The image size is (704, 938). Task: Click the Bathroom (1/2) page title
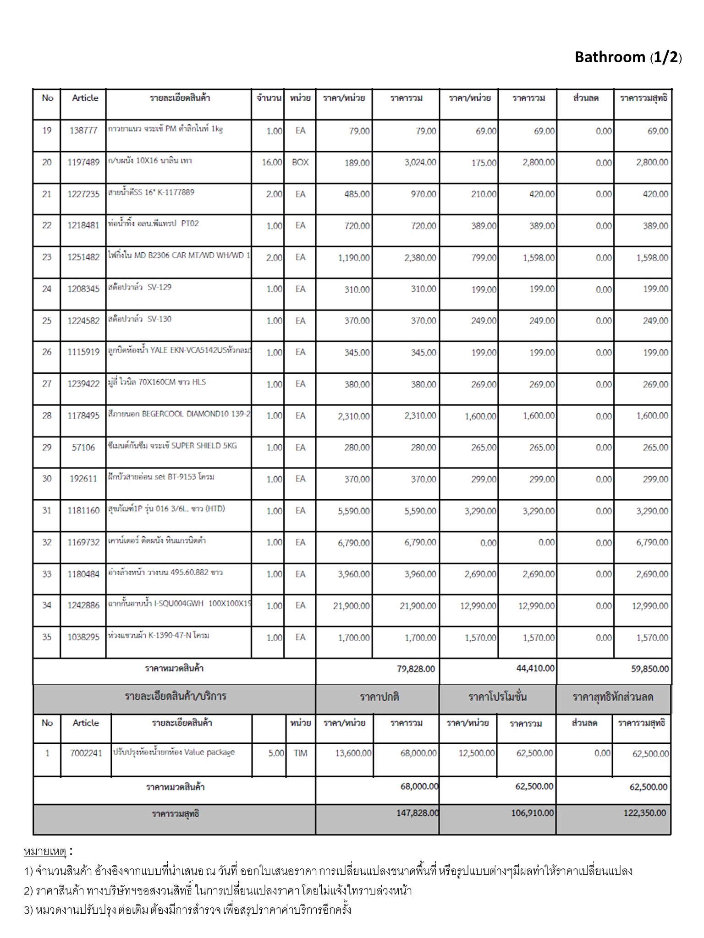tap(628, 57)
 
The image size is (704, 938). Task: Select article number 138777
tap(83, 131)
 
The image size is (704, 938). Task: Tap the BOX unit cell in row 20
tap(300, 162)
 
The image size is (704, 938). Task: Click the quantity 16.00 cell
tap(272, 162)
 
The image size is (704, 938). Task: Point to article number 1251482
tap(83, 257)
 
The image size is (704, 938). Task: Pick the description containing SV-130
tap(139, 319)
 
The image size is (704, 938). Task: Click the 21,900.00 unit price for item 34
tap(352, 606)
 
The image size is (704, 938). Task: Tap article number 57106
tap(83, 447)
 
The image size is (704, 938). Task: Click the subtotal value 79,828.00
tap(416, 669)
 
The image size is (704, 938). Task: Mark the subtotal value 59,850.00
tap(650, 669)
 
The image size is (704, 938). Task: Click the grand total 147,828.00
tap(418, 813)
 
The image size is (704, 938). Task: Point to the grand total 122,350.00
tap(645, 813)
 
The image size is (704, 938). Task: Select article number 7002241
tap(86, 753)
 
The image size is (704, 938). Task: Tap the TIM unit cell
tap(301, 753)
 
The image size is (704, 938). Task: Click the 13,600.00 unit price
tap(353, 753)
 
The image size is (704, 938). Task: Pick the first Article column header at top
tap(85, 98)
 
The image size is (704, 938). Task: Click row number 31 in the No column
tap(47, 511)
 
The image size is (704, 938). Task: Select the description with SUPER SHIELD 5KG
tap(172, 446)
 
